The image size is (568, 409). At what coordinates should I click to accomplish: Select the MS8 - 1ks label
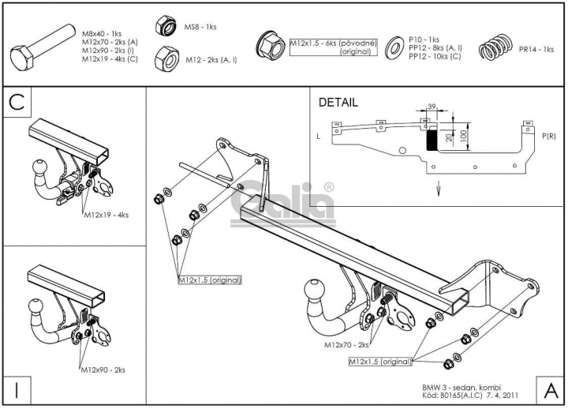[200, 27]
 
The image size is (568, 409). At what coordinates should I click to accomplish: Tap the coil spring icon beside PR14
[496, 47]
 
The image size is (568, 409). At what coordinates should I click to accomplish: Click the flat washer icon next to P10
[394, 47]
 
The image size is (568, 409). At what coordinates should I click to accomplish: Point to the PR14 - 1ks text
[536, 49]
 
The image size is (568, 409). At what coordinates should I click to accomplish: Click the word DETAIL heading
[338, 103]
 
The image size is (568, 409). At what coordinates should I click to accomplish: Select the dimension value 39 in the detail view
[432, 107]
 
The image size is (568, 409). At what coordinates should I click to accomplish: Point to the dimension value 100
[463, 137]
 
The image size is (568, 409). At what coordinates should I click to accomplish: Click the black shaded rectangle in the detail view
[432, 141]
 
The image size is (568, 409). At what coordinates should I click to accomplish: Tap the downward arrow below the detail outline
[439, 188]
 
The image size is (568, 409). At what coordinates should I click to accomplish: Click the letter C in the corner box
[17, 102]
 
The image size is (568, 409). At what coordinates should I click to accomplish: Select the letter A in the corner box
[551, 391]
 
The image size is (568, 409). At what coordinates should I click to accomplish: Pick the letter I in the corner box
[17, 391]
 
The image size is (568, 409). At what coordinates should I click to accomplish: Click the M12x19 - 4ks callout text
[106, 215]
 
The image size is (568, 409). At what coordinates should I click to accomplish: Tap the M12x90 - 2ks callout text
[103, 370]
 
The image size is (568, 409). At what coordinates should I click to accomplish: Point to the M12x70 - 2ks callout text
[346, 344]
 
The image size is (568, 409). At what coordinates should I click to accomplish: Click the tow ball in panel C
[40, 167]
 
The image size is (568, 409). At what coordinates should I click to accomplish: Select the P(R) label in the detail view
[549, 137]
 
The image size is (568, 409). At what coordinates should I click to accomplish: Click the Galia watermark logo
[283, 204]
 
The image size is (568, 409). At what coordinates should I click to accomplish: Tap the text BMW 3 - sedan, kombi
[461, 388]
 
